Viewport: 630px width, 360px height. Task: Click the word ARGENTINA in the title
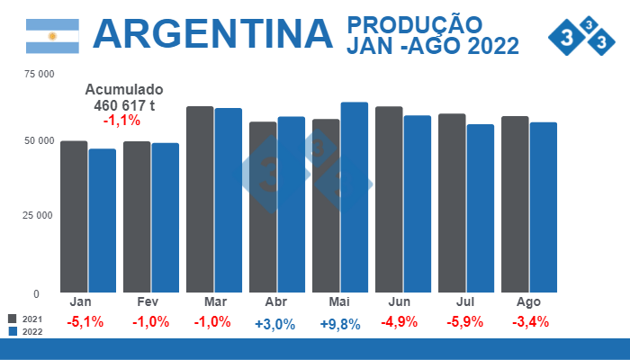pyautogui.click(x=212, y=33)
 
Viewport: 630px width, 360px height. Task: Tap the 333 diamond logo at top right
pyautogui.click(x=586, y=35)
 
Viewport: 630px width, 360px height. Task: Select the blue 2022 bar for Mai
pyautogui.click(x=355, y=197)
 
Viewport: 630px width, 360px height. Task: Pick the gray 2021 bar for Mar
pyautogui.click(x=200, y=199)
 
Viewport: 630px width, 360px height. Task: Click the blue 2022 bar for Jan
pyautogui.click(x=103, y=220)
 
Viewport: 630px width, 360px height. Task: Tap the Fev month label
pyautogui.click(x=149, y=301)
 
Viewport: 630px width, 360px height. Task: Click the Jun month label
pyautogui.click(x=401, y=301)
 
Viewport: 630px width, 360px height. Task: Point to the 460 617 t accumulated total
pyautogui.click(x=124, y=105)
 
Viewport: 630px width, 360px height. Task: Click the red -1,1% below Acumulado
pyautogui.click(x=121, y=121)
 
